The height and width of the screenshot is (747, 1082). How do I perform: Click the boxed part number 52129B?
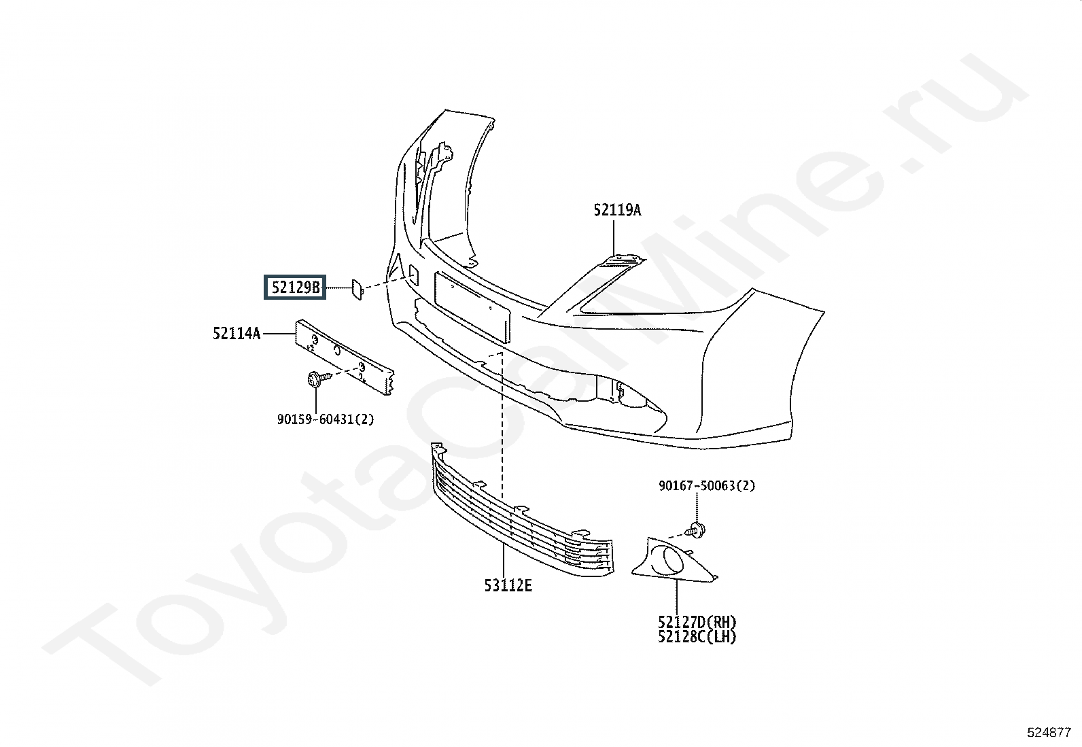coord(296,288)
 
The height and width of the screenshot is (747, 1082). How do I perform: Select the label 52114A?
coord(237,334)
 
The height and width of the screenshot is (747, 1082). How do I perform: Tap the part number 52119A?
coord(616,210)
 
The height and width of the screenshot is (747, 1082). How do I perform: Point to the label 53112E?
coord(508,585)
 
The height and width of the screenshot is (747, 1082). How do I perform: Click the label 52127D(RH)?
coord(697,622)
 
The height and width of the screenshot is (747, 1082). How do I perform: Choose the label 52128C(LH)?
coord(697,637)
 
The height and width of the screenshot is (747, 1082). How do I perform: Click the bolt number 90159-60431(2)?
coord(325,419)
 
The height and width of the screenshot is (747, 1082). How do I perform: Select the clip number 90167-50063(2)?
coord(706,486)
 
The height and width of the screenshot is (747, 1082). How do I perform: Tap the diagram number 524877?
coord(1049,733)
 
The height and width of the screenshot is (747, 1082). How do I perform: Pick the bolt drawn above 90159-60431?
coord(316,379)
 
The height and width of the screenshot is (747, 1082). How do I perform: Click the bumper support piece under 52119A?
coord(622,262)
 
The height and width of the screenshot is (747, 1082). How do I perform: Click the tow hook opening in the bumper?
coord(412,273)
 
